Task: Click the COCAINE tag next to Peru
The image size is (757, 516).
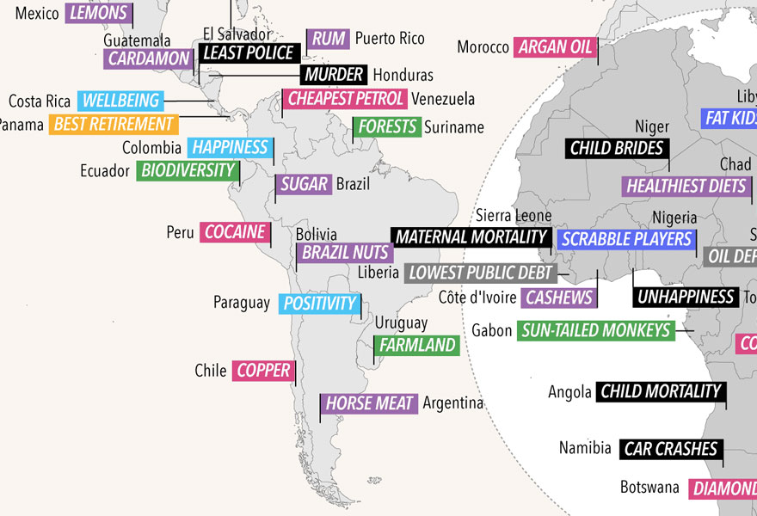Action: click(x=234, y=232)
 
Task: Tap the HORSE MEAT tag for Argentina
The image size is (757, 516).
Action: click(x=369, y=403)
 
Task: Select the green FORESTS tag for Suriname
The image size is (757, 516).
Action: click(x=387, y=127)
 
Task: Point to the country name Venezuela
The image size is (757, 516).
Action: click(x=443, y=98)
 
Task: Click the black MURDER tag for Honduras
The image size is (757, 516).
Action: click(x=334, y=75)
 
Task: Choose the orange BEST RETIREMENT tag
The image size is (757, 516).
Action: click(x=114, y=124)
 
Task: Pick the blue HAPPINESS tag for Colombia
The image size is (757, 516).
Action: click(x=230, y=147)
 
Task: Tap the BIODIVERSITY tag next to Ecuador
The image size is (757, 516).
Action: click(x=187, y=170)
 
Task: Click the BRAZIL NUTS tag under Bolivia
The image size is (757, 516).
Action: click(x=344, y=253)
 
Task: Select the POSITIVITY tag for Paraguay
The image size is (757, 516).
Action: click(x=319, y=304)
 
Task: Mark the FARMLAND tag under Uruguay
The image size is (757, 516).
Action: click(x=417, y=346)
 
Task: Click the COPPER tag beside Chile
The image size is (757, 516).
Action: click(x=264, y=371)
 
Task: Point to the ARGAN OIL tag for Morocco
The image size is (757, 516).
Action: click(x=556, y=47)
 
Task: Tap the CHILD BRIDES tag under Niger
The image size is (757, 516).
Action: click(x=617, y=148)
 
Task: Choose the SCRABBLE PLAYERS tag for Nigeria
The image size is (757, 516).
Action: click(x=626, y=239)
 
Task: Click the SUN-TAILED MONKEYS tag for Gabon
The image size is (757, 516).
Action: click(x=595, y=330)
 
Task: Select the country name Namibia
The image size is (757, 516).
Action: click(x=585, y=448)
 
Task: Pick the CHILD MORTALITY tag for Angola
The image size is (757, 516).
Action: click(x=660, y=392)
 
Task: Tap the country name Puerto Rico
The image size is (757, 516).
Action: click(x=390, y=39)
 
